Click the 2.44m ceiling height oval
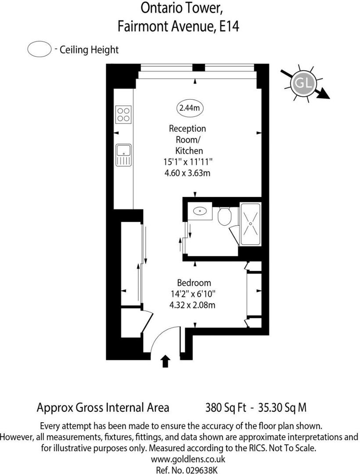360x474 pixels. coord(190,107)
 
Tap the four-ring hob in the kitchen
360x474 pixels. coord(123,114)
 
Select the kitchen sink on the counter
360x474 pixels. coord(123,155)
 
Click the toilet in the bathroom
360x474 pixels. coord(225,215)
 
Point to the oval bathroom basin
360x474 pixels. coord(200,211)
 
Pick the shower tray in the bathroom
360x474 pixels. coord(250,224)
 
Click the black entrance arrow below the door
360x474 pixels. coord(166,361)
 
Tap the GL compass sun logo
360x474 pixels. coord(302,83)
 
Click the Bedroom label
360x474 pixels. coord(194,283)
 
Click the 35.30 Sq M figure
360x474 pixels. coord(284,407)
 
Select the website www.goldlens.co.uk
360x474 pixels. coord(188,459)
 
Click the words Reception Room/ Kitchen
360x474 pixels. coord(187,140)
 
